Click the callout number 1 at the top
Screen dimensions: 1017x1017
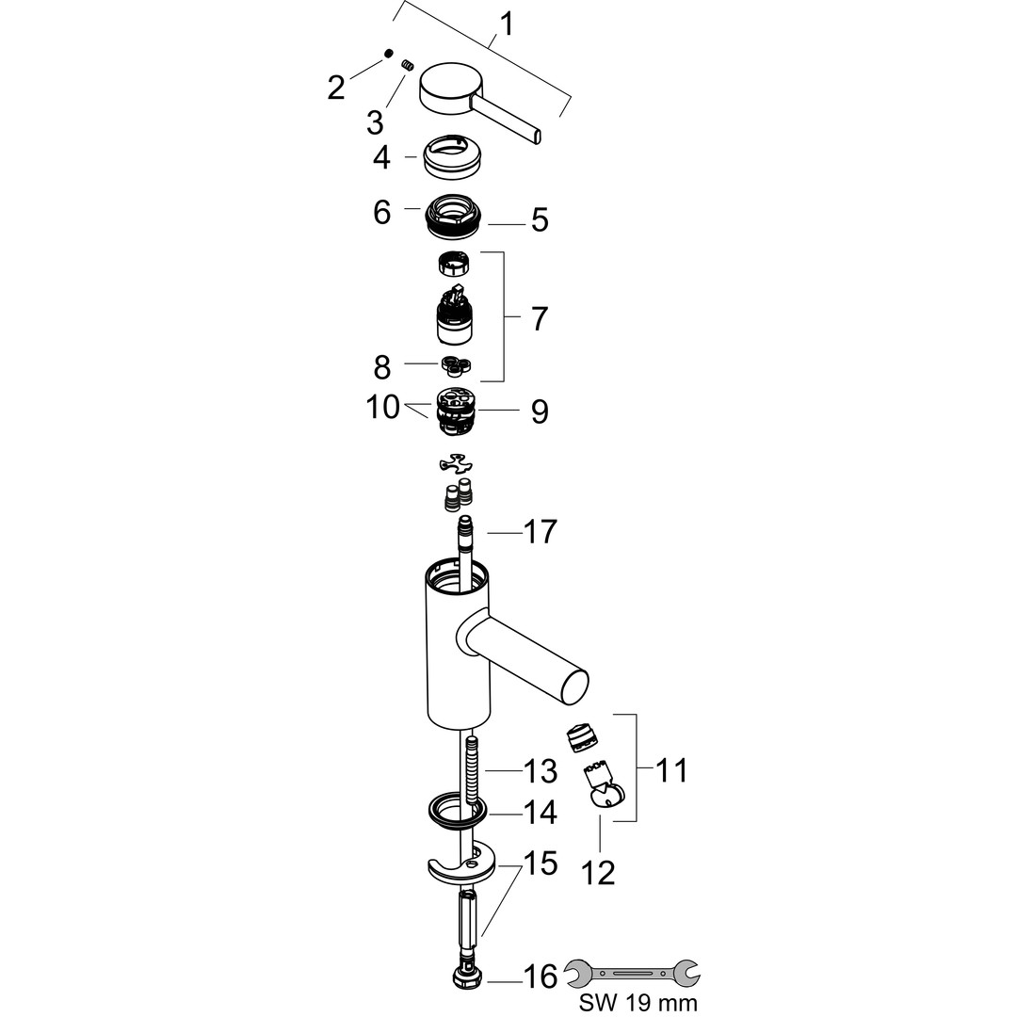pyautogui.click(x=507, y=23)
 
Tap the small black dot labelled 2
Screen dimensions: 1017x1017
pyautogui.click(x=387, y=56)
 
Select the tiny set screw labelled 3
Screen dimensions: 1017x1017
pyautogui.click(x=409, y=65)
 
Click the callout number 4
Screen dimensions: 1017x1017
pyautogui.click(x=381, y=157)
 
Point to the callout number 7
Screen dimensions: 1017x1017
pyautogui.click(x=539, y=318)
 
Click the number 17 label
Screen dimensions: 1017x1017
pyautogui.click(x=541, y=532)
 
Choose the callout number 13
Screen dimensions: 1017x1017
pyautogui.click(x=541, y=772)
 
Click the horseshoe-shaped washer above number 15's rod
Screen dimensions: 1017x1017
pyautogui.click(x=458, y=862)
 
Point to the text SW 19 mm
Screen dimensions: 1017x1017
pyautogui.click(x=639, y=1003)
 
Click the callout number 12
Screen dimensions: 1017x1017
pyautogui.click(x=599, y=873)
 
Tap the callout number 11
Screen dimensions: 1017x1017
pyautogui.click(x=670, y=770)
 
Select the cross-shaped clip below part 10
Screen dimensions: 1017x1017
pyautogui.click(x=457, y=463)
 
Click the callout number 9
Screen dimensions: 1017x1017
pyautogui.click(x=539, y=412)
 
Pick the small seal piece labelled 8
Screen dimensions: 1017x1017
pyautogui.click(x=456, y=364)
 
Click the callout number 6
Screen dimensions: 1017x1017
pyautogui.click(x=381, y=212)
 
